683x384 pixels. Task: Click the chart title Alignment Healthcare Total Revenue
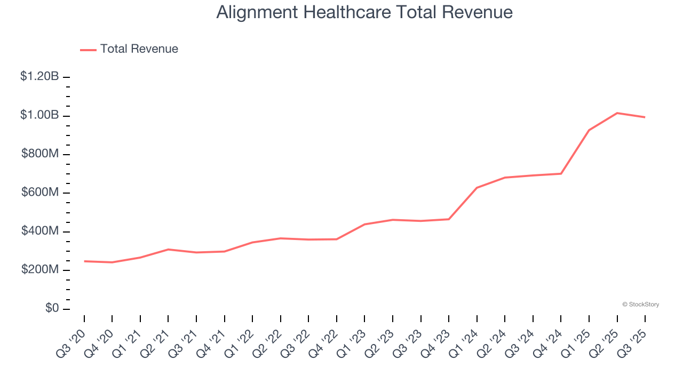click(364, 12)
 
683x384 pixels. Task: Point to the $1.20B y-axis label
click(39, 77)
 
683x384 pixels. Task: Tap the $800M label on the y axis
click(40, 154)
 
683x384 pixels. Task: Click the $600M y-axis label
click(40, 193)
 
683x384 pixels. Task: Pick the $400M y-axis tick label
click(40, 231)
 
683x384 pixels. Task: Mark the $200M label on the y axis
click(40, 270)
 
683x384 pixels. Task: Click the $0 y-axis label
click(52, 309)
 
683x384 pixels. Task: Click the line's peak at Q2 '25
click(617, 113)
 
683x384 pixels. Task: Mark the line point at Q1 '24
click(477, 188)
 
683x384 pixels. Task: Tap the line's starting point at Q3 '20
click(84, 261)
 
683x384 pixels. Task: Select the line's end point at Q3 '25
click(645, 117)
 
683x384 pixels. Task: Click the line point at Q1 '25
click(589, 130)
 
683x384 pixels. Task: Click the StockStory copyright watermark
click(640, 305)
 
